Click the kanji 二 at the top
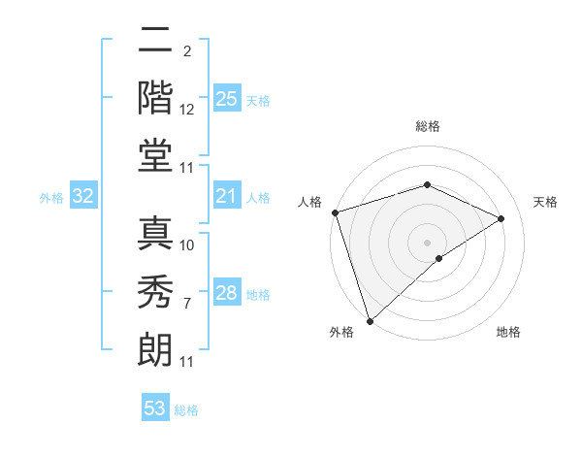coord(155,40)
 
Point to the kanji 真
coord(155,233)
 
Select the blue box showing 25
coord(227,99)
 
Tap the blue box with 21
coord(227,196)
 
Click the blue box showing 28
coord(227,293)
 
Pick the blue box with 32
coord(83,196)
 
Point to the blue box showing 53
coord(155,408)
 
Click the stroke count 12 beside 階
coord(187,112)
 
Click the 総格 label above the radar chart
coord(428,126)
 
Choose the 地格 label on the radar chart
coord(508,333)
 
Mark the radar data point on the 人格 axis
coord(335,212)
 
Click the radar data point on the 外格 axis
coord(370,320)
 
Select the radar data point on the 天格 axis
coord(501,218)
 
